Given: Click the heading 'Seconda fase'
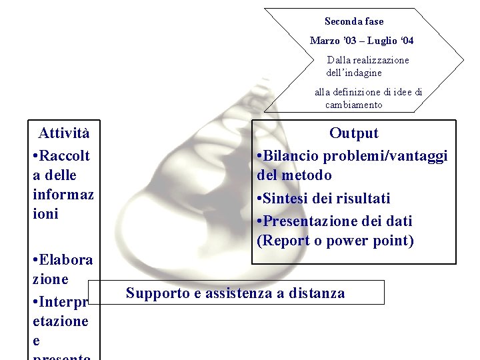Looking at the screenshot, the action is (x=354, y=21).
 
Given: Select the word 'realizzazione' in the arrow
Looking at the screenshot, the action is (x=379, y=60).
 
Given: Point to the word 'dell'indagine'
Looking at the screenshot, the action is (x=354, y=72).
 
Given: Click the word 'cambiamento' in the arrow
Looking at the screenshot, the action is (x=353, y=105).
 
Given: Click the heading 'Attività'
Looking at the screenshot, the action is (x=64, y=133).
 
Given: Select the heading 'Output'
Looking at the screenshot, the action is (x=354, y=133).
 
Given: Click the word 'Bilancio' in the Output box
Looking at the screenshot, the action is (x=291, y=156).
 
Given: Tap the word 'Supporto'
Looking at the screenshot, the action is (x=157, y=293).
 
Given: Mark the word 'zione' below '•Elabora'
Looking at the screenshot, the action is (x=51, y=279).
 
